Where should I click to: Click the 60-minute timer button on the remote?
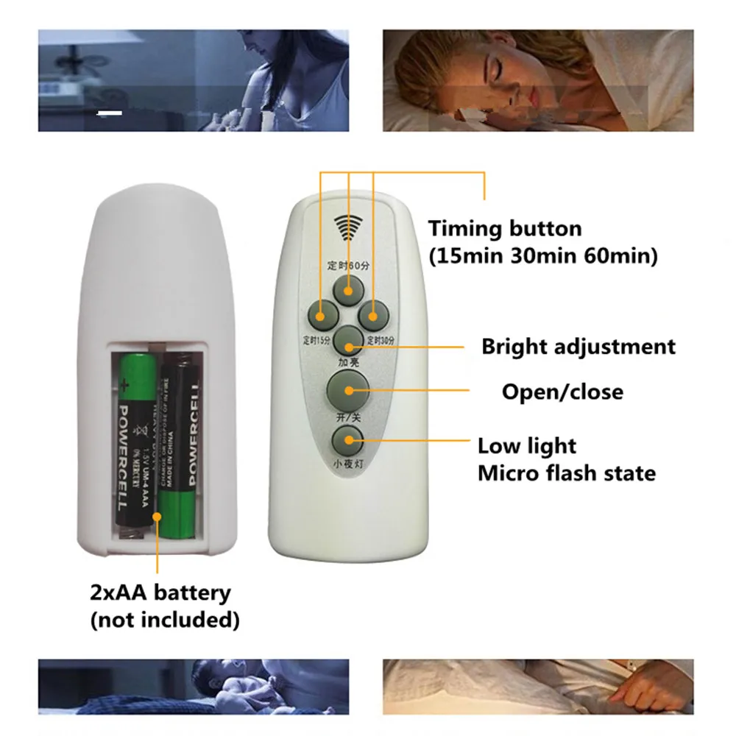tap(347, 290)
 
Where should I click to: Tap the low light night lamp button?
tap(347, 442)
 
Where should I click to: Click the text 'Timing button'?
tap(505, 229)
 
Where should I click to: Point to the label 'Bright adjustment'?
tap(578, 347)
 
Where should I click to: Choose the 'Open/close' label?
tap(562, 392)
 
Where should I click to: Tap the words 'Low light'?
tap(526, 446)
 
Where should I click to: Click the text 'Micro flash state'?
tap(566, 473)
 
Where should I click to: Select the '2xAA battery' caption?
tap(160, 592)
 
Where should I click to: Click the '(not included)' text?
tap(164, 620)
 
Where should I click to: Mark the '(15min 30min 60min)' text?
tap(543, 257)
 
